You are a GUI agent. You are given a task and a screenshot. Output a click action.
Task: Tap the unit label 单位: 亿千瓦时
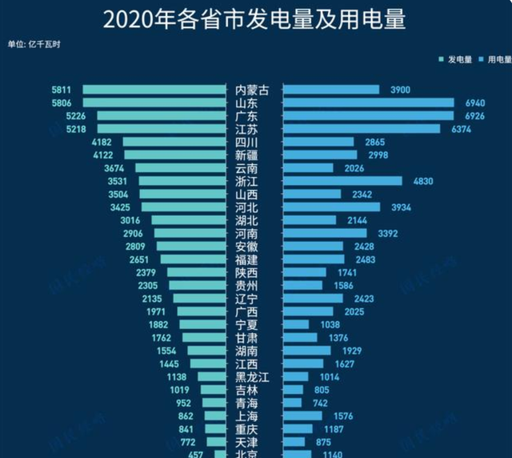point(34,44)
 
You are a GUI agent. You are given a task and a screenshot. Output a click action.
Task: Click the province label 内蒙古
point(253,90)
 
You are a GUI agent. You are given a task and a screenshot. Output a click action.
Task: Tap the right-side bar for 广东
point(368,116)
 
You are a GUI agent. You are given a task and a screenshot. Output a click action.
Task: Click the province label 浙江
point(247,181)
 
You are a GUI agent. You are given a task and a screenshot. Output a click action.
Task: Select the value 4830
point(422,181)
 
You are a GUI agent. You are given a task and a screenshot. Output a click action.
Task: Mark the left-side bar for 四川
point(176,142)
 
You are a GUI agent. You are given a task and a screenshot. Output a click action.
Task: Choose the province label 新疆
point(247,155)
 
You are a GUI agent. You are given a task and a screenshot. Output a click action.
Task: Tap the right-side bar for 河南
point(324,234)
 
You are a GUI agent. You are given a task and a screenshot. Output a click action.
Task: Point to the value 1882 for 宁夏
point(158,324)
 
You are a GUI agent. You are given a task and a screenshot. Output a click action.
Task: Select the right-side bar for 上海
point(303,416)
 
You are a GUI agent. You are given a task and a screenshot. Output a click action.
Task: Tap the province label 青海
point(247,403)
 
